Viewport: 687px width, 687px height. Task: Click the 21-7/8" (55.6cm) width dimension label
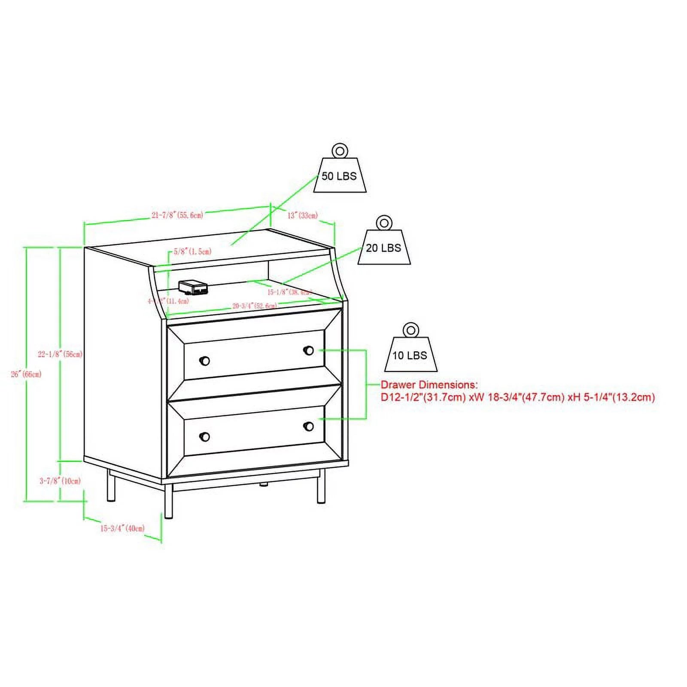click(177, 215)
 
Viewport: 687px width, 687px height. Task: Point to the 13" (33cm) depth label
click(302, 215)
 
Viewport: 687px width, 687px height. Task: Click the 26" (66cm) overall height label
click(26, 374)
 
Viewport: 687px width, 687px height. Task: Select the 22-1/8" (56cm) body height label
click(60, 354)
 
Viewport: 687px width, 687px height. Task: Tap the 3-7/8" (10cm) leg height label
click(60, 481)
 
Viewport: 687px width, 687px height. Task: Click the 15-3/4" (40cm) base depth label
click(122, 528)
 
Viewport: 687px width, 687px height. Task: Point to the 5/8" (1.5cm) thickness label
click(192, 252)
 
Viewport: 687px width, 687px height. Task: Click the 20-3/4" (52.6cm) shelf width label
click(255, 306)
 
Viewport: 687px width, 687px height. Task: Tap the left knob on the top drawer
click(205, 361)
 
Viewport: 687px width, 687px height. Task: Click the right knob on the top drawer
click(308, 351)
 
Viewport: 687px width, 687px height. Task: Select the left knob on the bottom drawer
click(205, 437)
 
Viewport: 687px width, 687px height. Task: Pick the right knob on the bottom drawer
click(308, 426)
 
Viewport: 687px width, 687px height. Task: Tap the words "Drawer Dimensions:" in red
click(429, 385)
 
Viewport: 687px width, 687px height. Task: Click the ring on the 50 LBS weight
click(339, 151)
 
